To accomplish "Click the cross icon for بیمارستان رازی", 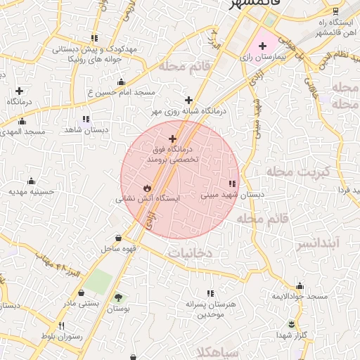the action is pos(262,46).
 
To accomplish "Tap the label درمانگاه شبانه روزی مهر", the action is pos(188,111).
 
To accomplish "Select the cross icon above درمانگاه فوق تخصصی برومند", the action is pos(173,139).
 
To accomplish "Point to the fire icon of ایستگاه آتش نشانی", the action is pos(146,188).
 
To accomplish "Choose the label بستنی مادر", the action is pos(81,303).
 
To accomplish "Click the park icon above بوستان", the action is pos(117,297).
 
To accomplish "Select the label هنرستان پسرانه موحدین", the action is pos(205,309).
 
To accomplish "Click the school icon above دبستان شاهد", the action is pos(86,119).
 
